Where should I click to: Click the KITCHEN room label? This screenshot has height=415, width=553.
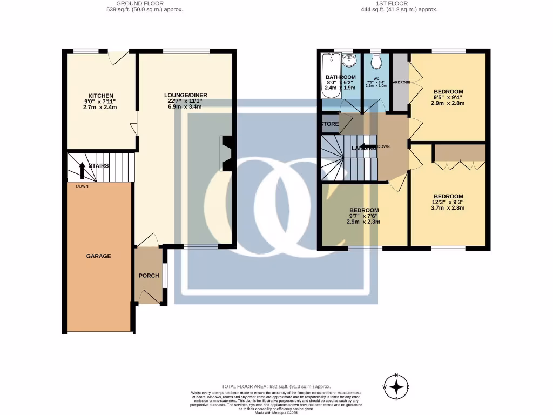pyautogui.click(x=100, y=96)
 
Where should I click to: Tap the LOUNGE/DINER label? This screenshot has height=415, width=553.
pyautogui.click(x=186, y=96)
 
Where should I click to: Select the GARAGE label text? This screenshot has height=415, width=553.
pyautogui.click(x=98, y=256)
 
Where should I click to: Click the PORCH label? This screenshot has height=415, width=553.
pyautogui.click(x=149, y=276)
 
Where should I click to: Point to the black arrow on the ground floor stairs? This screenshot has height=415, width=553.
pyautogui.click(x=82, y=170)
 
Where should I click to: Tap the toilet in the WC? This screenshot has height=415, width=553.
pyautogui.click(x=376, y=62)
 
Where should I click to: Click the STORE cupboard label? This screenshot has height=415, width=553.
pyautogui.click(x=329, y=124)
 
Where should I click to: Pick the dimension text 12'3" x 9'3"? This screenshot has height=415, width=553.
pyautogui.click(x=448, y=202)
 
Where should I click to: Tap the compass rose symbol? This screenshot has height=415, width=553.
pyautogui.click(x=397, y=387)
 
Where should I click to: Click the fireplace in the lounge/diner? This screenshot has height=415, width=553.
pyautogui.click(x=226, y=153)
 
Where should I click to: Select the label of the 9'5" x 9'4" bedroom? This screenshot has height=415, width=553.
pyautogui.click(x=448, y=91)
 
